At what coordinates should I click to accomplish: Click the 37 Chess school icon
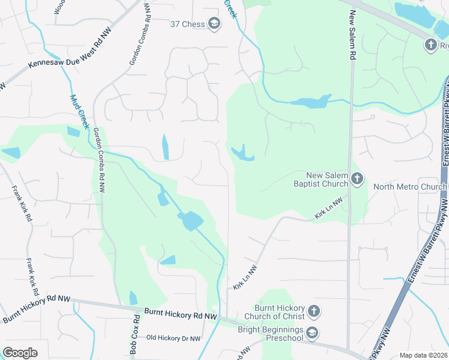(x=213, y=24)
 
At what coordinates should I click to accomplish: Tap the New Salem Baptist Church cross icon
(x=357, y=178)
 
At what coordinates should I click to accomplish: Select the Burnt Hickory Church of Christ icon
(x=313, y=311)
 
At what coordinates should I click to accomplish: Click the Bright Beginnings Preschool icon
(x=312, y=332)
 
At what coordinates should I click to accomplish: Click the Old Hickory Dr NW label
(x=173, y=338)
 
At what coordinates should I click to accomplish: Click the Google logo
(x=20, y=353)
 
